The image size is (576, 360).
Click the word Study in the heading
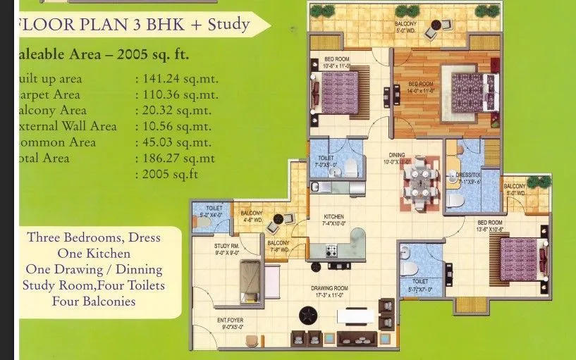229,25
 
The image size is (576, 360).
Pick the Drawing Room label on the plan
331,288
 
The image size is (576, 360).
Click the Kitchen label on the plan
333,216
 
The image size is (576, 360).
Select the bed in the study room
250,281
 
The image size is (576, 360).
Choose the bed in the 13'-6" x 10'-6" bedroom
520,259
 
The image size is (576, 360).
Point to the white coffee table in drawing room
355,315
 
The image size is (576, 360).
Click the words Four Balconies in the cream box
93,302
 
